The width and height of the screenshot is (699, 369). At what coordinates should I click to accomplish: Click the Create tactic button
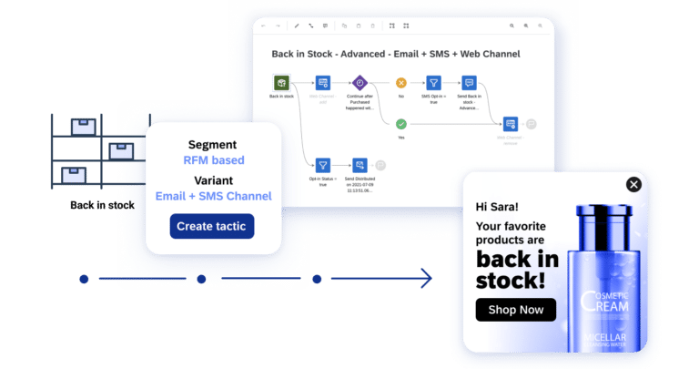212,226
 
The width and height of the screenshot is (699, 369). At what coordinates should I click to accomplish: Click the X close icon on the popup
633,185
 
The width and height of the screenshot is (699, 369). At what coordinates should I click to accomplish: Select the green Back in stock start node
281,83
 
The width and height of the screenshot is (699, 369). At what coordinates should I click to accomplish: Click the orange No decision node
400,83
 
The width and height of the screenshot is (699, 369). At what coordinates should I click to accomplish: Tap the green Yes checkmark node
400,124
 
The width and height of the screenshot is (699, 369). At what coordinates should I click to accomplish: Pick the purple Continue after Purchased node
360,83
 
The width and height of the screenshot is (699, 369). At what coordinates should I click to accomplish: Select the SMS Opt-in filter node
433,83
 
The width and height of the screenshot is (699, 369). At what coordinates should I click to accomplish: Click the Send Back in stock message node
469,83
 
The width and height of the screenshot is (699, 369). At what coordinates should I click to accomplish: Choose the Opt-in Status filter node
322,165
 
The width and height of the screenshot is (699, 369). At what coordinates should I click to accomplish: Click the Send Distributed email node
360,165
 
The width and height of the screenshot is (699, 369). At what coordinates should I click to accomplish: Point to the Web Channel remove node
511,124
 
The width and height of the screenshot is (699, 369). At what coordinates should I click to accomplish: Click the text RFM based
213,160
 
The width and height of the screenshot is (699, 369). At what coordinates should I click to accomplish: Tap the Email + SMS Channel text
213,196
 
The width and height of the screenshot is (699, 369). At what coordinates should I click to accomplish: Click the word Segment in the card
212,144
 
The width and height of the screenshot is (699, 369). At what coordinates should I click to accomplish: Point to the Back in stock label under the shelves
102,205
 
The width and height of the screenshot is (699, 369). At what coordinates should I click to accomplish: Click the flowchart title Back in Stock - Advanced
398,54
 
